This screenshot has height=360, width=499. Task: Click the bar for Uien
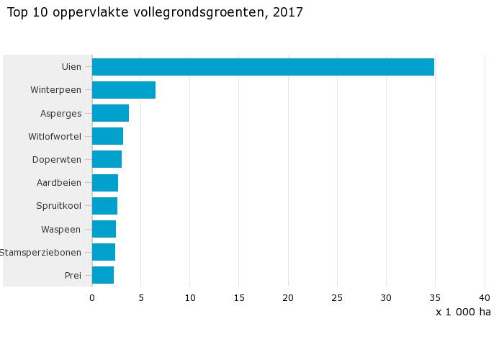[263, 67]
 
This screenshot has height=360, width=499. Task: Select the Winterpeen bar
[124, 90]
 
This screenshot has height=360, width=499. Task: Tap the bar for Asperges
[110, 113]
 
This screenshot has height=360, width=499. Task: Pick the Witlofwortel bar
[107, 136]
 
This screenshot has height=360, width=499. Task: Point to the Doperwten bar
[107, 159]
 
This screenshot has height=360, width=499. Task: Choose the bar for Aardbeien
[105, 183]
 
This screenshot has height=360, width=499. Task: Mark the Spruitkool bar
[104, 206]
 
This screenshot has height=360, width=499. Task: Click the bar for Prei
[103, 275]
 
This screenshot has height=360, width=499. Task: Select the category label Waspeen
[61, 229]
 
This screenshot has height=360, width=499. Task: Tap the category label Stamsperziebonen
[40, 252]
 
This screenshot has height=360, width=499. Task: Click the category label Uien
[71, 67]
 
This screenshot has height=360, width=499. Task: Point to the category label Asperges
[60, 113]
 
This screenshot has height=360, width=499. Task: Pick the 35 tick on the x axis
[435, 297]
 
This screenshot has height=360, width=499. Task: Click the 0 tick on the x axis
[92, 297]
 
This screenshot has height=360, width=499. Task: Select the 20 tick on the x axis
[288, 297]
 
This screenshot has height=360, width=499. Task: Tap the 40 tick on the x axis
[484, 297]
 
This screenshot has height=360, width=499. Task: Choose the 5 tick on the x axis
[141, 297]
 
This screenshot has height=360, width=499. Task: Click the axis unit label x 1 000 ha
[463, 312]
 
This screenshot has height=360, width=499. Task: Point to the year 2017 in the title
[288, 12]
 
